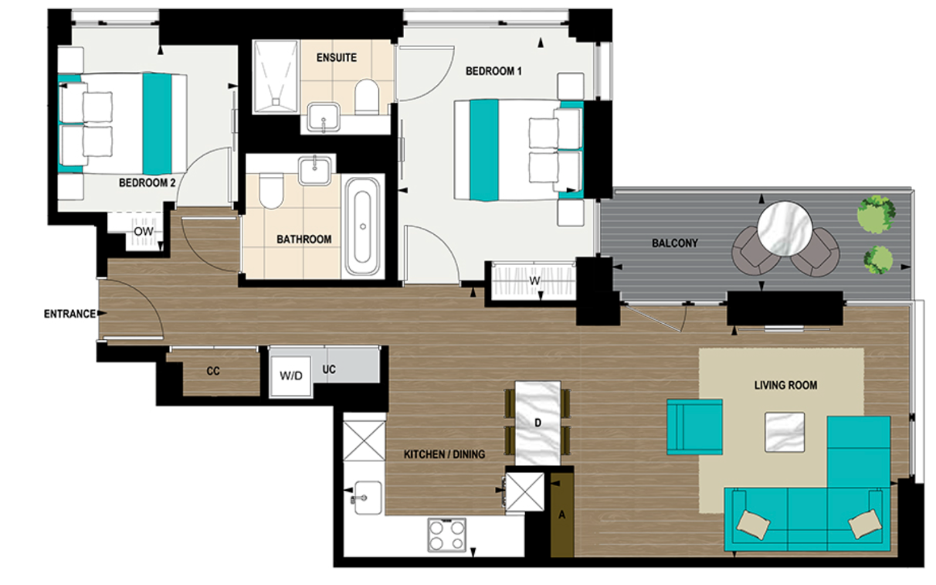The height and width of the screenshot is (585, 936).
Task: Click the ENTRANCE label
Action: (x=70, y=314)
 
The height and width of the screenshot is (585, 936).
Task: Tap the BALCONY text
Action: (x=674, y=243)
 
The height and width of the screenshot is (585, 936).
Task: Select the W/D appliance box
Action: (x=291, y=376)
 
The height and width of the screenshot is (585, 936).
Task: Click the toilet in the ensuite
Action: (x=366, y=97)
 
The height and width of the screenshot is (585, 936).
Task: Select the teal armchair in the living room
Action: (x=694, y=427)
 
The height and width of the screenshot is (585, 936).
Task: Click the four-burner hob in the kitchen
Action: (x=448, y=533)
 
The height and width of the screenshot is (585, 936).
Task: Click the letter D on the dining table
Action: (x=538, y=422)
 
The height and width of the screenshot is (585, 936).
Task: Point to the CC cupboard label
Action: (x=213, y=371)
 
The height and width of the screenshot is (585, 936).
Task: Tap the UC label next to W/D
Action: (x=330, y=369)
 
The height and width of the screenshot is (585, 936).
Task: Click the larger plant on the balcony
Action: (x=875, y=214)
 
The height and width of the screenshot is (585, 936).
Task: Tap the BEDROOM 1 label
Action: (x=494, y=71)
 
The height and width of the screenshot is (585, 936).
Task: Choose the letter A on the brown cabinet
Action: (x=562, y=515)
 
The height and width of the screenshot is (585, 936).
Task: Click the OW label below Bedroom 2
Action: (x=143, y=231)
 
